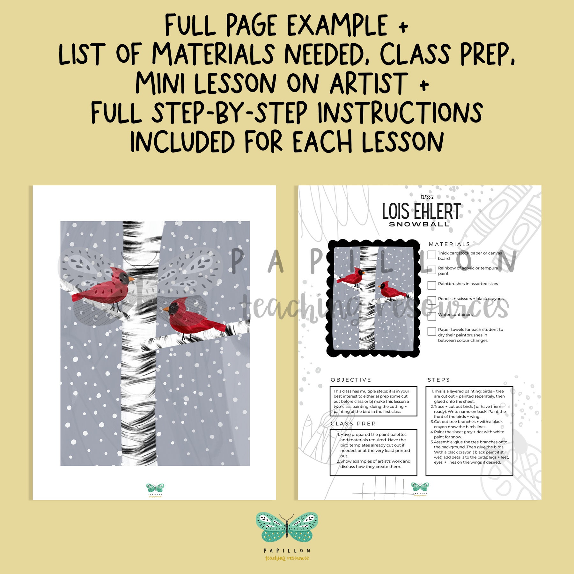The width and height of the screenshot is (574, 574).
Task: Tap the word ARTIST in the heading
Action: click(369, 84)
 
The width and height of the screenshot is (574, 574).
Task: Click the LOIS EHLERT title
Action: click(421, 211)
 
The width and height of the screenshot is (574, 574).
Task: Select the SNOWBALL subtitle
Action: click(419, 224)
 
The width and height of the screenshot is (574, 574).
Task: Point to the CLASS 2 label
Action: click(427, 197)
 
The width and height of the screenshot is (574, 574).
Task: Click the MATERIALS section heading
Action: click(449, 244)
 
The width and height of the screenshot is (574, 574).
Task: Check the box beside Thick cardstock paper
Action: click(432, 254)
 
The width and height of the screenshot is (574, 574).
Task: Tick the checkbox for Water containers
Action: click(432, 316)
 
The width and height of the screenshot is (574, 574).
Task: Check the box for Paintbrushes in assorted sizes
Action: click(432, 285)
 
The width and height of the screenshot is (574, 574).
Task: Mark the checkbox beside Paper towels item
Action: click(432, 331)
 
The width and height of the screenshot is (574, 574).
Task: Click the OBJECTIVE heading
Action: click(351, 380)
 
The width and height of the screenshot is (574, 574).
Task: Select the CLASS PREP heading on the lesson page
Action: click(353, 423)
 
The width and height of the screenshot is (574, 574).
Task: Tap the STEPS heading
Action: click(438, 380)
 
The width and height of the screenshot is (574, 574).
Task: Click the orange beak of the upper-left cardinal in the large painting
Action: click(131, 279)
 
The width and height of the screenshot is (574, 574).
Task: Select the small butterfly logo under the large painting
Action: click(155, 488)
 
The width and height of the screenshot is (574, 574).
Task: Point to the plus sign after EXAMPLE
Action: click(403, 27)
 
